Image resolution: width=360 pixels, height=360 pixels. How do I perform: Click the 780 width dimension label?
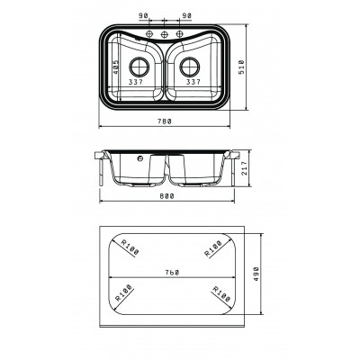click(165, 121)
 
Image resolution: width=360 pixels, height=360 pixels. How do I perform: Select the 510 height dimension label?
click(242, 67)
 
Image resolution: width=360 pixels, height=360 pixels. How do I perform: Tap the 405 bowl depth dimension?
click(116, 67)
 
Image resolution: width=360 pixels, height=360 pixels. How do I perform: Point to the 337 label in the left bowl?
click(136, 82)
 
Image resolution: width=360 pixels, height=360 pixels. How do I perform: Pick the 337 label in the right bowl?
click(193, 82)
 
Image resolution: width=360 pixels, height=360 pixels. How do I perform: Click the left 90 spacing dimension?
click(143, 15)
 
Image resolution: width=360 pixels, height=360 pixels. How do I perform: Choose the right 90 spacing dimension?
click(186, 15)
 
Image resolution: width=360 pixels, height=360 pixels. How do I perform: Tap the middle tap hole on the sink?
click(164, 34)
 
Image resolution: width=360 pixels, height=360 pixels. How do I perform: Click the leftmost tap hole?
click(149, 34)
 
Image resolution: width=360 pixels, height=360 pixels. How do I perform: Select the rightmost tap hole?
click(179, 34)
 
